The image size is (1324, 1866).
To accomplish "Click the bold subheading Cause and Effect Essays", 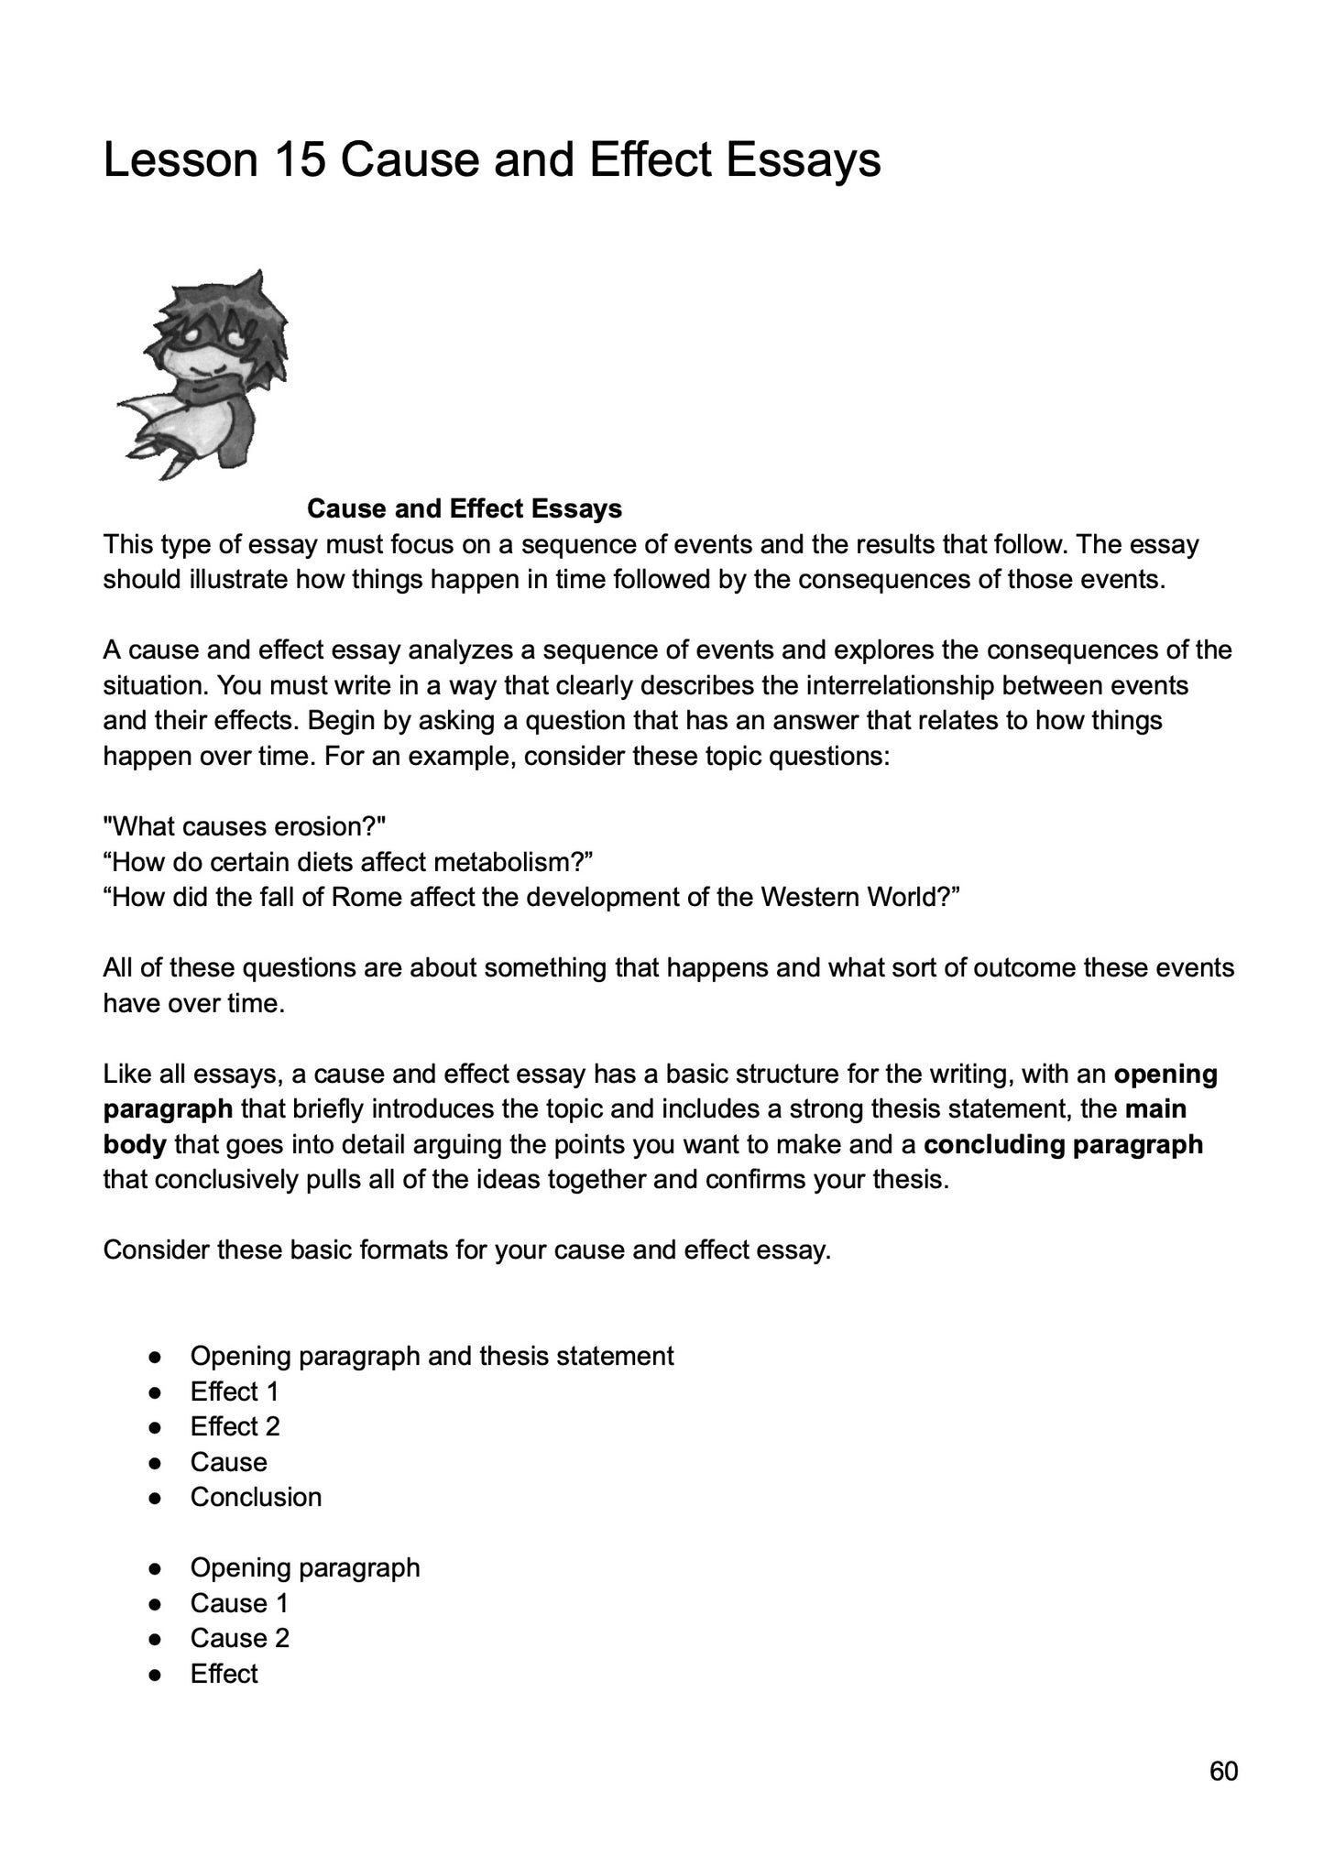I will [465, 509].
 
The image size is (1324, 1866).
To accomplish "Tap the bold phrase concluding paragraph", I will [1063, 1145].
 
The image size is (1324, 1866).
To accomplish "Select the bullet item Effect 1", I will [234, 1392].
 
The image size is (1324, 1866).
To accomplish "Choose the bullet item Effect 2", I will [235, 1427].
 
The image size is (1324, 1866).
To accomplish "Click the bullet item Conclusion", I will [256, 1498].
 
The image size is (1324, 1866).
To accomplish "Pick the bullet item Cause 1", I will [239, 1604].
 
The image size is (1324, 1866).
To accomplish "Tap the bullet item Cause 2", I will [239, 1639].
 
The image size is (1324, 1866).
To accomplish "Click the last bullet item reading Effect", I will [224, 1675].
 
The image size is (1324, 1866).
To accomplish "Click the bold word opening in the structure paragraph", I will [1165, 1074].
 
